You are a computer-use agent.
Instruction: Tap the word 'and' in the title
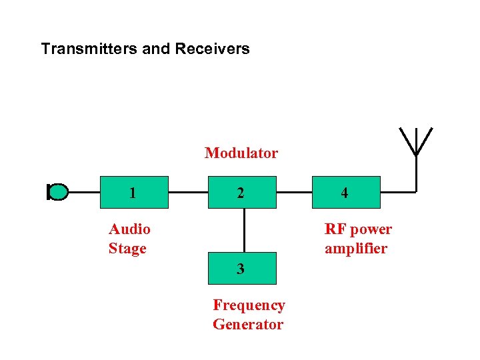pyautogui.click(x=157, y=49)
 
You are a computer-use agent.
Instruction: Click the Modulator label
pyautogui.click(x=241, y=153)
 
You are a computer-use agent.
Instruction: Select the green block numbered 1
pyautogui.click(x=133, y=193)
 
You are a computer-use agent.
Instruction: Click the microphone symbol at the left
pyautogui.click(x=58, y=192)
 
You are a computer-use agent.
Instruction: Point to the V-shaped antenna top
pyautogui.click(x=415, y=141)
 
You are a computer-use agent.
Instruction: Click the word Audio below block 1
pyautogui.click(x=129, y=229)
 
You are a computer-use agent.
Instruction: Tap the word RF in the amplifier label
pyautogui.click(x=336, y=229)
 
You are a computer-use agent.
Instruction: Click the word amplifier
pyautogui.click(x=355, y=249)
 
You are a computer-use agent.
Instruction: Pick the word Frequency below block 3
pyautogui.click(x=249, y=305)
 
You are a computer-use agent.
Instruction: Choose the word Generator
pyautogui.click(x=247, y=325)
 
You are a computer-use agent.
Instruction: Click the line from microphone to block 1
pyautogui.click(x=84, y=192)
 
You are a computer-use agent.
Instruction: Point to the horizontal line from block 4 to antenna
pyautogui.click(x=397, y=192)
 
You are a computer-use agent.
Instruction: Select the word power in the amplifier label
pyautogui.click(x=371, y=229)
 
